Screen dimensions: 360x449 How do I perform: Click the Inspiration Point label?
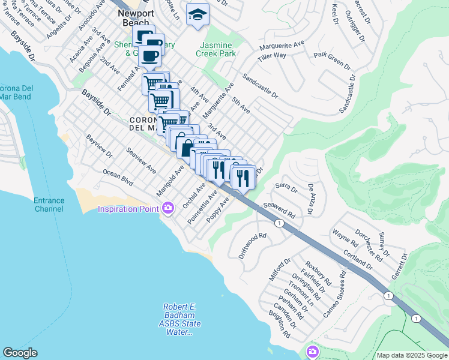128,209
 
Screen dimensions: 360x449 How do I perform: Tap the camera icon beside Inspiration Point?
167,208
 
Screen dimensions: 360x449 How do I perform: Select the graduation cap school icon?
197,14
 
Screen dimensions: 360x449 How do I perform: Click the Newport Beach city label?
136,17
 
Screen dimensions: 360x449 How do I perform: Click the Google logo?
20,352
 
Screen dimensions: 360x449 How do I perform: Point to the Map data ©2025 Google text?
411,355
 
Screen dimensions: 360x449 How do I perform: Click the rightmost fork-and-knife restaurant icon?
243,177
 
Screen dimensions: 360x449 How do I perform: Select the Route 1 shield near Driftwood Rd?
279,223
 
